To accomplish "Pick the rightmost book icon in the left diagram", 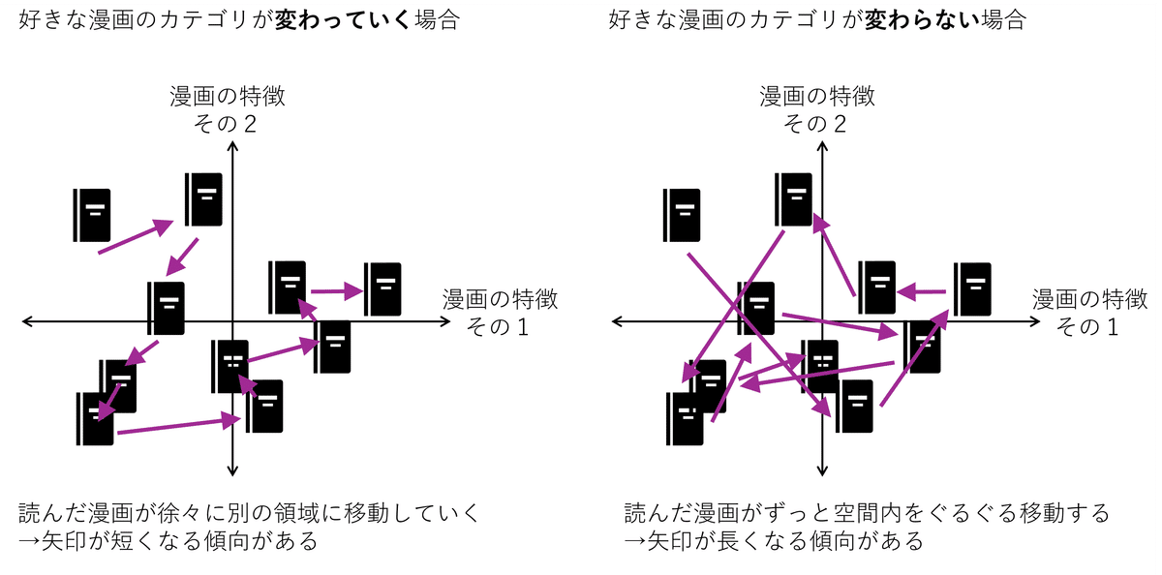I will [x=383, y=288].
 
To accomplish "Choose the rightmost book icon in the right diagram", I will [x=972, y=288].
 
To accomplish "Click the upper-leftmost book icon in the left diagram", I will [x=92, y=215].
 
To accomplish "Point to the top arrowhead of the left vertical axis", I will [x=231, y=147].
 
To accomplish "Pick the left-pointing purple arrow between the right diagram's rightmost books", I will [x=921, y=289].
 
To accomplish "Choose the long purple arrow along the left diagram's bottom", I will [x=177, y=426].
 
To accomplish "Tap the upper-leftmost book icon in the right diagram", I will [x=682, y=215].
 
